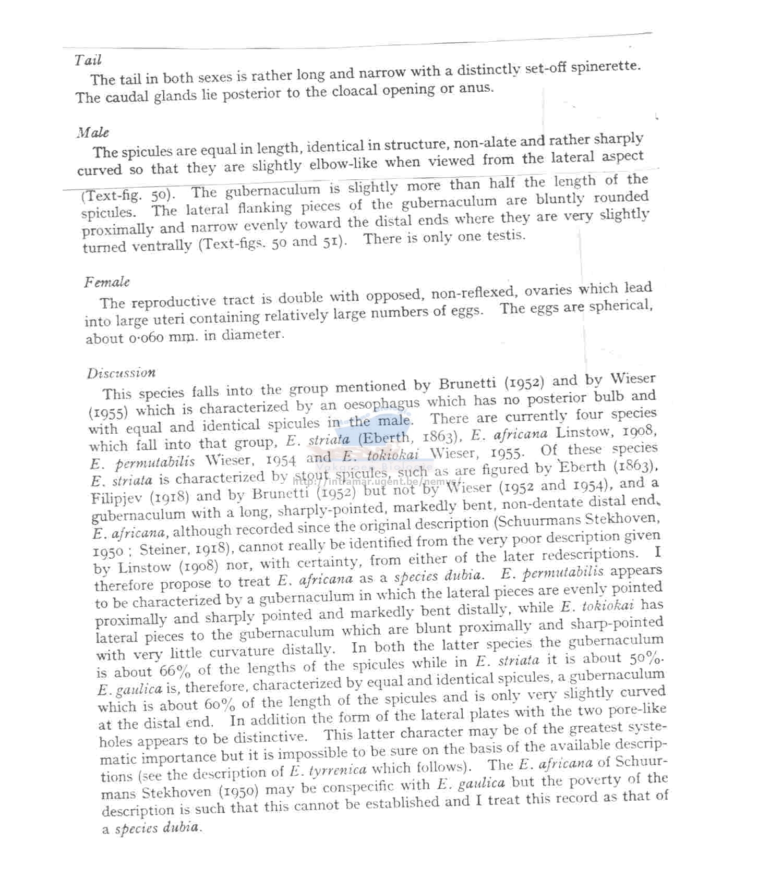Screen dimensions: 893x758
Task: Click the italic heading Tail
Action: pos(88,60)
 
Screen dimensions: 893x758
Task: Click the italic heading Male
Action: pos(92,132)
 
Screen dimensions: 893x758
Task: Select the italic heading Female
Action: pos(106,282)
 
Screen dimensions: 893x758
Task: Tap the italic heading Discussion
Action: pos(121,373)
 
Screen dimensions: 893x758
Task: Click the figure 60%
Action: pos(220,704)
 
